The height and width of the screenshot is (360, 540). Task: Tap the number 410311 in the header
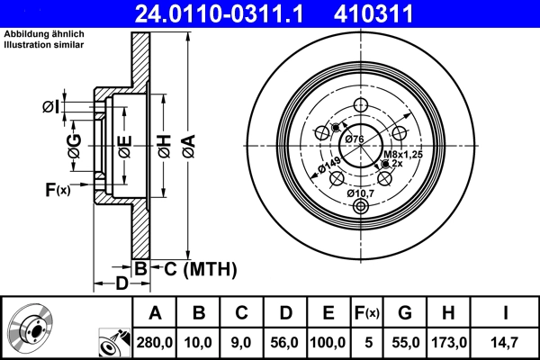pos(399,13)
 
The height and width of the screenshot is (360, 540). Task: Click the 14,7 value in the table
pos(507,343)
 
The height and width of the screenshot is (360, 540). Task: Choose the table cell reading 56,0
pos(284,343)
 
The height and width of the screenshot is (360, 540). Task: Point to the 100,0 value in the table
pos(328,343)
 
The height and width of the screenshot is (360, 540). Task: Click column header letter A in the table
pos(155,313)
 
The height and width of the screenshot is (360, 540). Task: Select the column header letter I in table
pos(507,313)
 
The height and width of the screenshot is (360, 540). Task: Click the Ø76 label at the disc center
pos(354,139)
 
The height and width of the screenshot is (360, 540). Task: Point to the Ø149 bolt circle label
pos(328,167)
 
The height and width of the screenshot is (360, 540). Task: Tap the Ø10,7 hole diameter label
pos(362,192)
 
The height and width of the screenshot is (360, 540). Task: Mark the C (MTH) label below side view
pos(194,268)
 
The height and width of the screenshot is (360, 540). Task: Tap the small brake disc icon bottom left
pos(31,331)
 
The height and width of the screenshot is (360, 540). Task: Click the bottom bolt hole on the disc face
pos(362,207)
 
